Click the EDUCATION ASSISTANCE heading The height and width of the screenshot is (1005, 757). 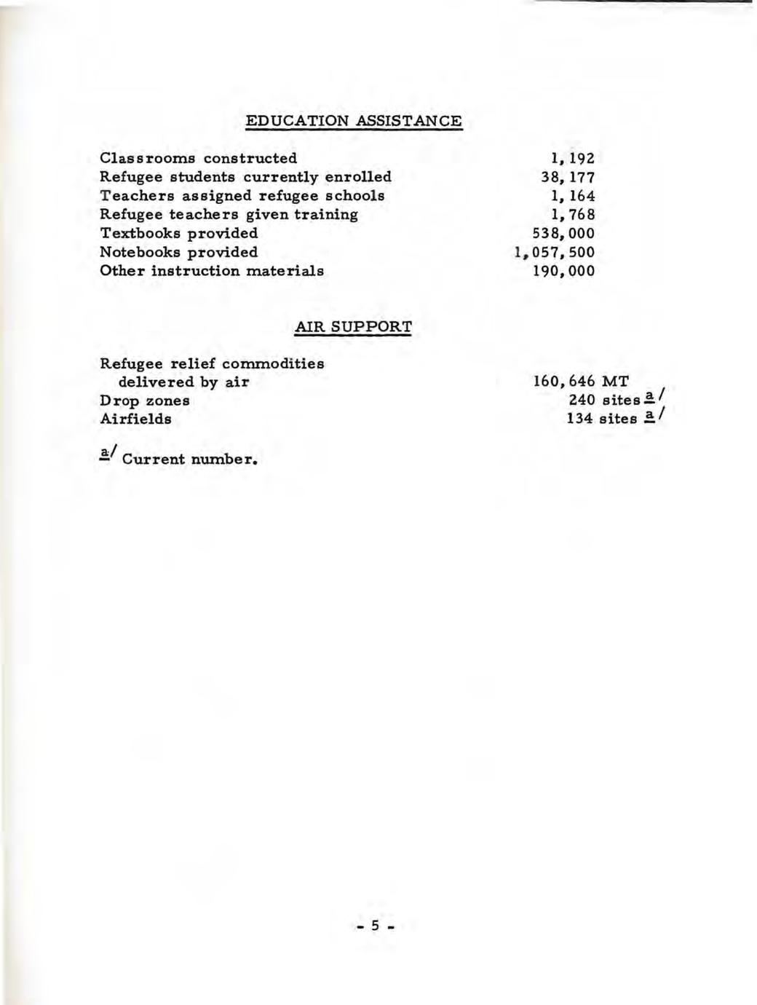click(354, 121)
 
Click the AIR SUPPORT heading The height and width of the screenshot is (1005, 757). click(353, 327)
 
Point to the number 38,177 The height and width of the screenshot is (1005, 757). click(567, 177)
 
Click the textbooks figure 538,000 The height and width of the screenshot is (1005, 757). click(563, 234)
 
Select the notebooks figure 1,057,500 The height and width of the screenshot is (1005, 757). click(554, 253)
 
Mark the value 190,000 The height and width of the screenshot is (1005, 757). click(563, 272)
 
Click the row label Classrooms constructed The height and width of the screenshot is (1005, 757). click(198, 158)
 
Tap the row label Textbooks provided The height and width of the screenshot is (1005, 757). click(178, 234)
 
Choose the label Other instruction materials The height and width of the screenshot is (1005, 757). click(212, 271)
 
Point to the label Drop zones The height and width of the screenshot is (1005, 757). click(144, 401)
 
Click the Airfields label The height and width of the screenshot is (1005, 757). click(135, 419)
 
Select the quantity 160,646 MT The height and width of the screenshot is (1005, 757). click(581, 381)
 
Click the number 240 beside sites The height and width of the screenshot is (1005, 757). click(582, 400)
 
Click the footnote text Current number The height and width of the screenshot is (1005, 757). click(191, 460)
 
